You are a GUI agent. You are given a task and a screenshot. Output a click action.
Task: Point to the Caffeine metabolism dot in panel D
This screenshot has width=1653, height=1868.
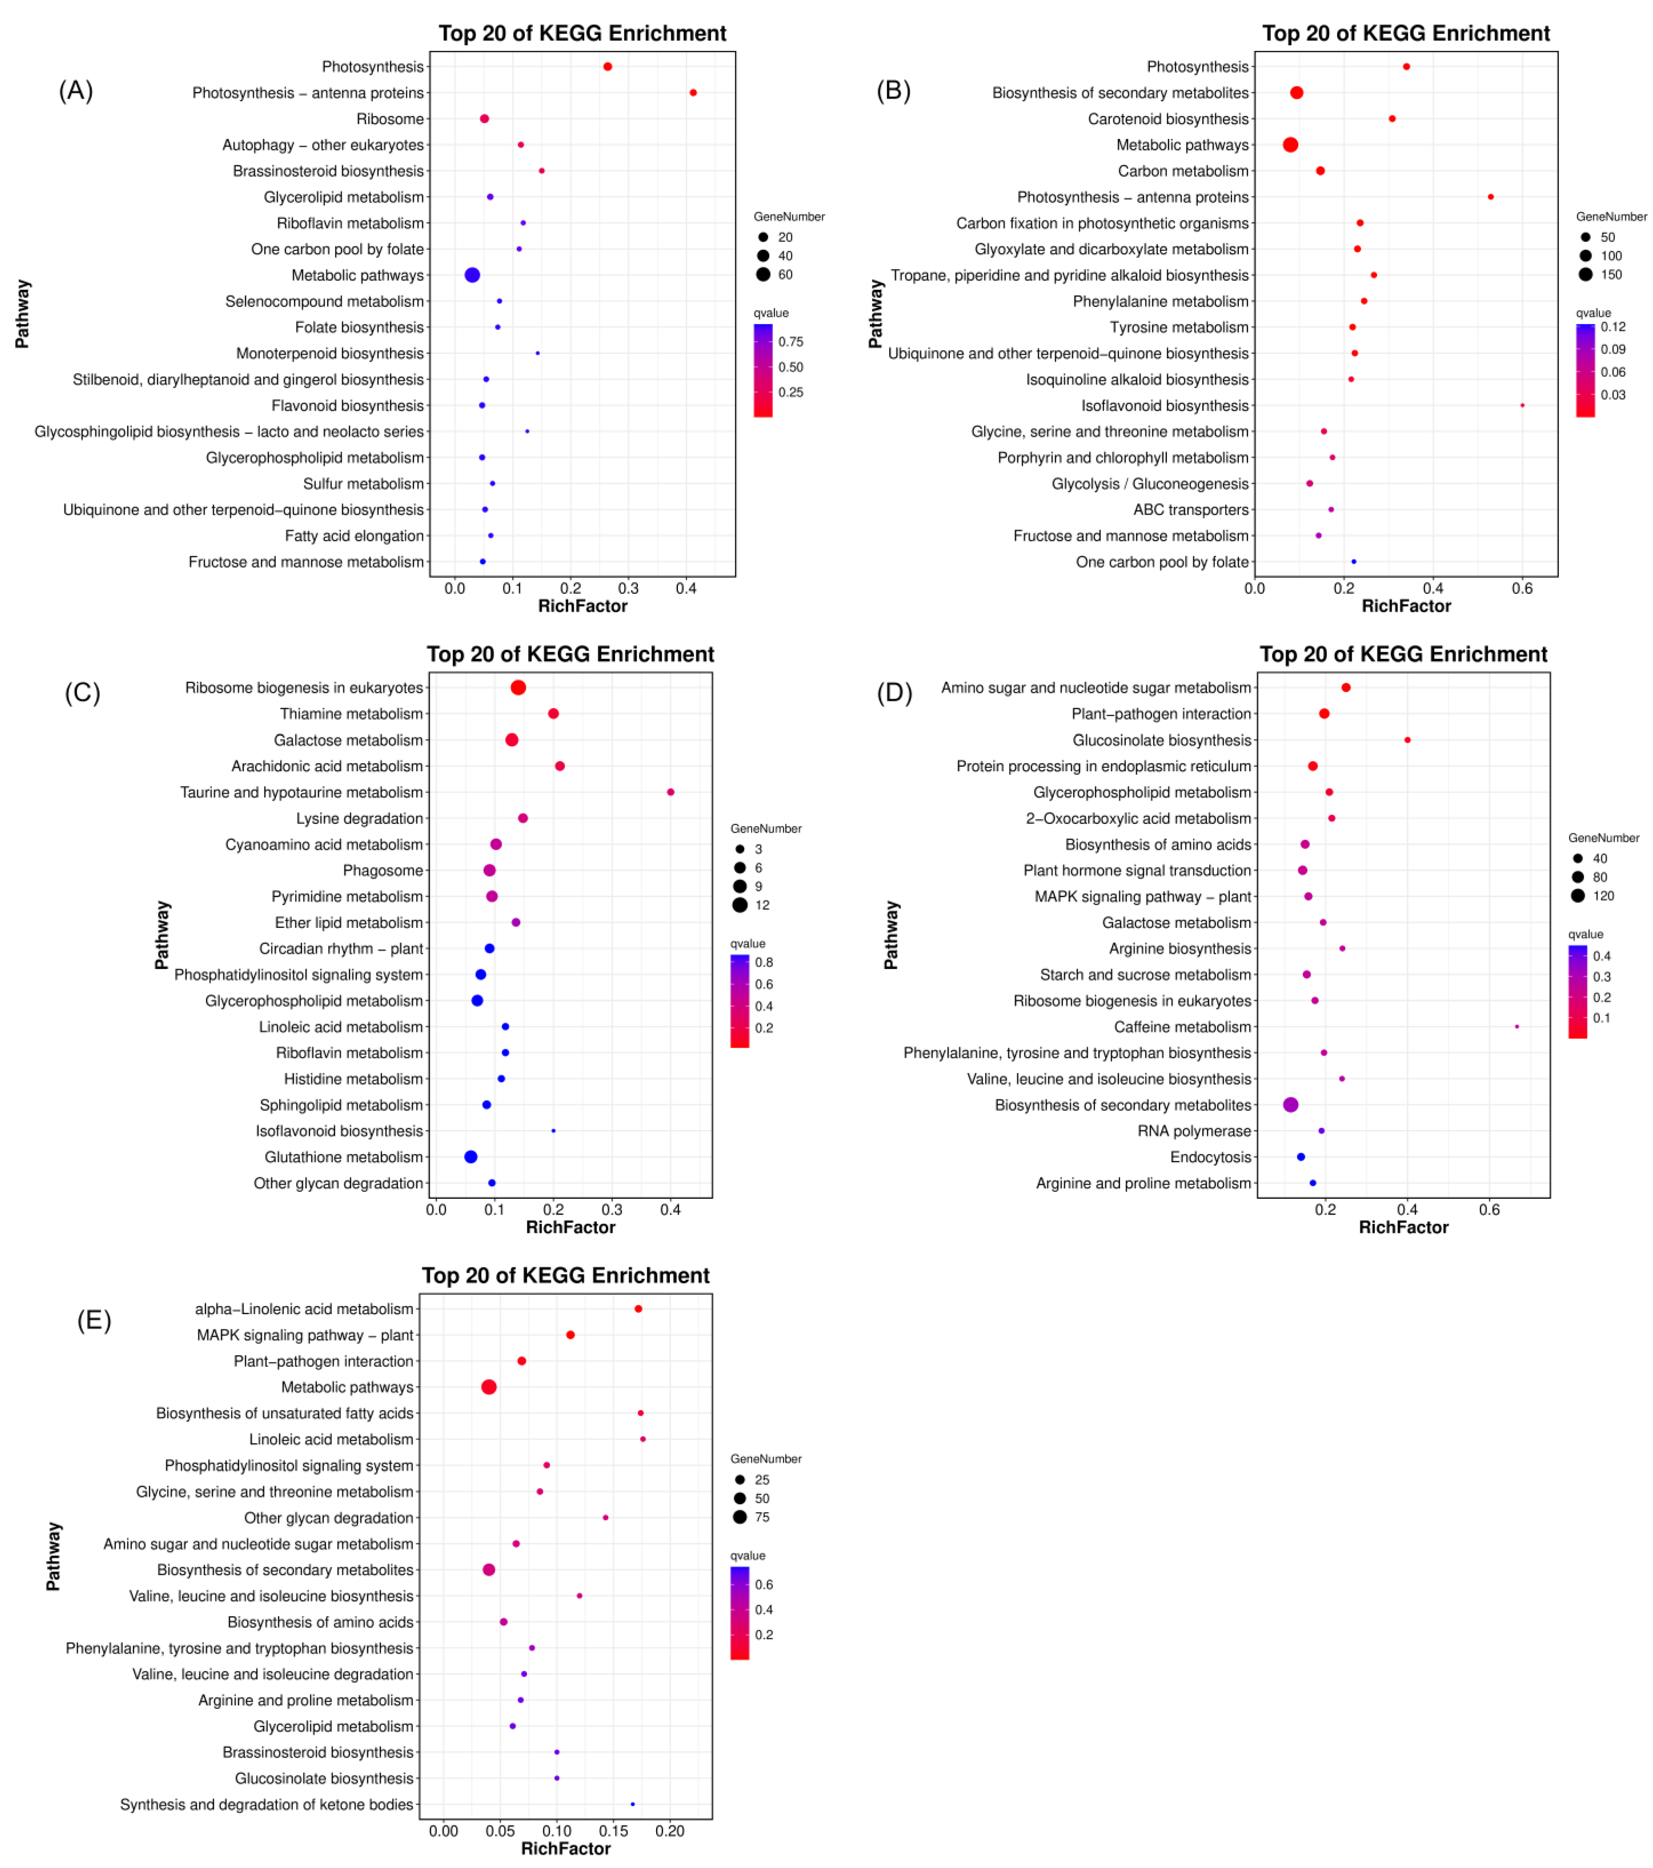point(1517,1026)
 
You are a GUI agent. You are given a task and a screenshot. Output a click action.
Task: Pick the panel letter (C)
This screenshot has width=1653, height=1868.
point(82,693)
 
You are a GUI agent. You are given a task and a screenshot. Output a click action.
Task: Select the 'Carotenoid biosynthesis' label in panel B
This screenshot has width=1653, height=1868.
point(1168,119)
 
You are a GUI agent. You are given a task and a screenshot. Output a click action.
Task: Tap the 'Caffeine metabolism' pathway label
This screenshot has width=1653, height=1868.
point(1183,1026)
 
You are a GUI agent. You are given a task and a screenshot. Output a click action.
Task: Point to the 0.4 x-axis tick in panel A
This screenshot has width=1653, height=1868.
point(686,589)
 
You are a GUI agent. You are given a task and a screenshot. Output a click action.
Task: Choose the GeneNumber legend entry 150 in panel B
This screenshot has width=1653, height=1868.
point(1611,274)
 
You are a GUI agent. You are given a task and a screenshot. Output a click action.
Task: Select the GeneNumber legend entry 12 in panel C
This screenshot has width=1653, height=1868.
point(762,905)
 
